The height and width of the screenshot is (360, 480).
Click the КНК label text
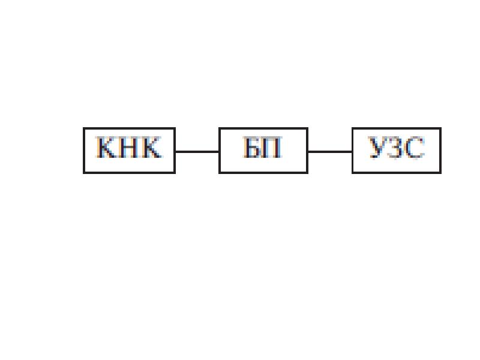129,148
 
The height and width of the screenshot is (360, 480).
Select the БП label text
262,148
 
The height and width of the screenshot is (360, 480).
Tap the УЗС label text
397,148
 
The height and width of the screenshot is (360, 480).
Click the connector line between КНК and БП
197,151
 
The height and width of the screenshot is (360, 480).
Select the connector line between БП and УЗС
330,151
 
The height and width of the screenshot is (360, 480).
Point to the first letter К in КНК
107,148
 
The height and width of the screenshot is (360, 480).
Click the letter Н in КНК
128,148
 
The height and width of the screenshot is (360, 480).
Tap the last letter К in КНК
151,148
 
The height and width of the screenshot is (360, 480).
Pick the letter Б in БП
252,148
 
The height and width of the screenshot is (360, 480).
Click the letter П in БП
272,148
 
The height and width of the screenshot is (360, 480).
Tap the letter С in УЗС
415,148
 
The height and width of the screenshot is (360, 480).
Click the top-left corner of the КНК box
84,128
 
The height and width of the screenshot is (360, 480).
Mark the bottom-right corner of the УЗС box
440,173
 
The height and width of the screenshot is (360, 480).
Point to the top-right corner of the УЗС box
440,128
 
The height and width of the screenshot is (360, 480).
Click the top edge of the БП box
263,128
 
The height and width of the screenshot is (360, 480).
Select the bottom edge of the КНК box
129,173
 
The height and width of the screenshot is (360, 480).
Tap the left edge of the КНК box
84,151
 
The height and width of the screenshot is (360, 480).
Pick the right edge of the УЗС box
440,151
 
